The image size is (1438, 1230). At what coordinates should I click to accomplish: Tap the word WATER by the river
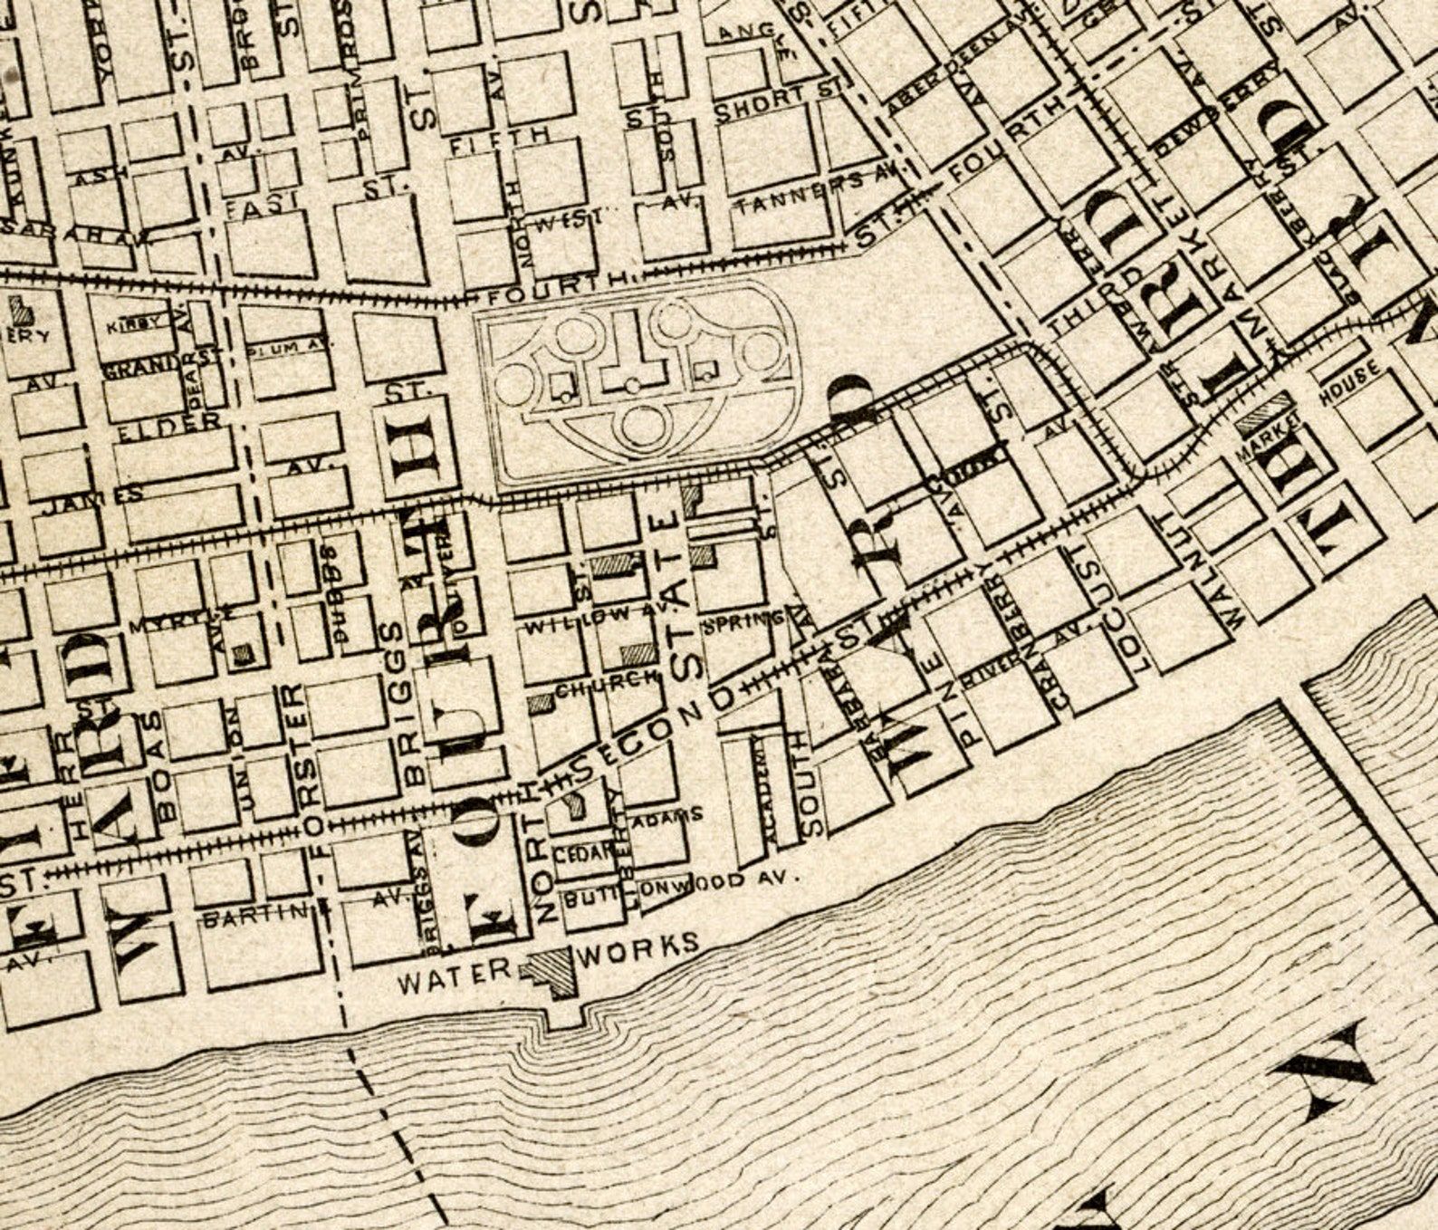click(455, 977)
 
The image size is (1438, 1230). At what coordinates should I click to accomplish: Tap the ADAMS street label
click(667, 815)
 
